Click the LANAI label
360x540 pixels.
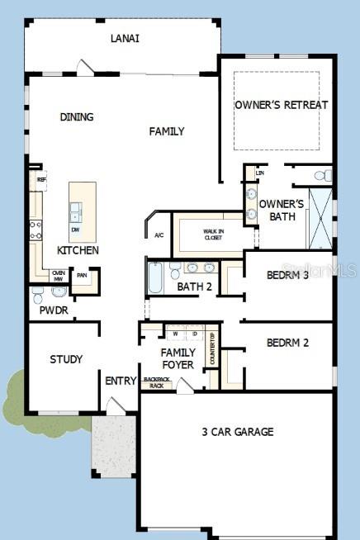(125, 38)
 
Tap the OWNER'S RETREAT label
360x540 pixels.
(281, 105)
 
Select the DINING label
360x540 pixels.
(77, 117)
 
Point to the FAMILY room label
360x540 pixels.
(167, 131)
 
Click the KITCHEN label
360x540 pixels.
(78, 250)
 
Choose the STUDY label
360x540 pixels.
(66, 359)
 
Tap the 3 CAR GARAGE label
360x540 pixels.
(238, 431)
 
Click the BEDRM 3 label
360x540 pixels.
(287, 275)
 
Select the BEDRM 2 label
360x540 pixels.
(287, 342)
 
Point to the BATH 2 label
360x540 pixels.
(195, 287)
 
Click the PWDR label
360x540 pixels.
(54, 310)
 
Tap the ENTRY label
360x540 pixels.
(121, 381)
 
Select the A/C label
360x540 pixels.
(159, 235)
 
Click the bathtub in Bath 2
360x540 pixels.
(156, 277)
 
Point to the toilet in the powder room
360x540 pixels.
(37, 292)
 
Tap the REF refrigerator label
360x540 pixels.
(40, 178)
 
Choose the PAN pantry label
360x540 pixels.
(82, 276)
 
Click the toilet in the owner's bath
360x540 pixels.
(326, 175)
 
